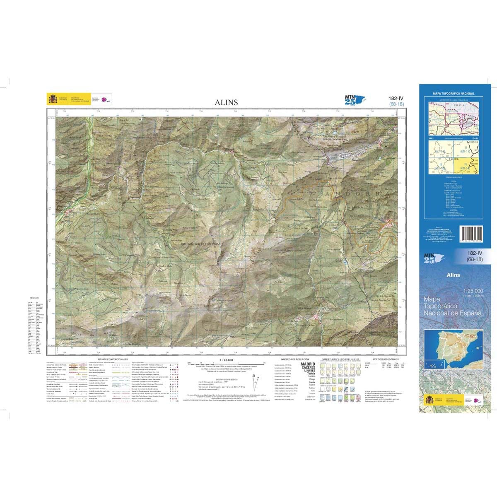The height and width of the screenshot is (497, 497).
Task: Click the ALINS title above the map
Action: tap(226, 102)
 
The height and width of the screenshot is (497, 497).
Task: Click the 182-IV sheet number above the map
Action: tap(396, 99)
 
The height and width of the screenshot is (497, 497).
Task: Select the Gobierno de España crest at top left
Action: tap(53, 99)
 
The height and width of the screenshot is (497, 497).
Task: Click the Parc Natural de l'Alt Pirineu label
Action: tap(202, 244)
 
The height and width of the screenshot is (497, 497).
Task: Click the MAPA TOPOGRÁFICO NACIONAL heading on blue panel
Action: tap(453, 94)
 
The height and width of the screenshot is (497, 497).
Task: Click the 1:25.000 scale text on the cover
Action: tap(473, 291)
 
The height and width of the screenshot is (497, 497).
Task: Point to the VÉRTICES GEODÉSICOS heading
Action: tap(386, 360)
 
